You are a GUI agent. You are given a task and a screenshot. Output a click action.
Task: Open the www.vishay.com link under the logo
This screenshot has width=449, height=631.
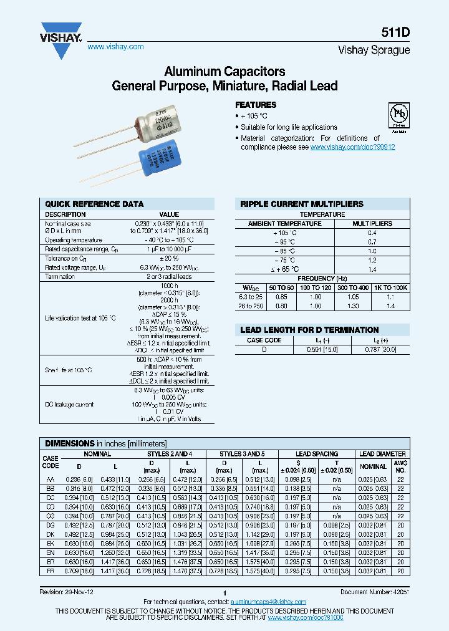click(x=115, y=47)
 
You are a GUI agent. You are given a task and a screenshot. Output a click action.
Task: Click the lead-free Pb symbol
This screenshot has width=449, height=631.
click(x=397, y=117)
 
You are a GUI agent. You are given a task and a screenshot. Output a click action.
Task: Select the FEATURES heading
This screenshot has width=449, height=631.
click(x=256, y=105)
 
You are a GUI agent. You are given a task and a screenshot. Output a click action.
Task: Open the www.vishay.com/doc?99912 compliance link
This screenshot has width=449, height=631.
click(x=352, y=147)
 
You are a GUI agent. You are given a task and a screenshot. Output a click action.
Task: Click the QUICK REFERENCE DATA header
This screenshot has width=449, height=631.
click(x=95, y=204)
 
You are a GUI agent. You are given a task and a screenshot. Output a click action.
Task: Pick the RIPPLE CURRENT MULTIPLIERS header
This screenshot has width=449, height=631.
click(x=302, y=204)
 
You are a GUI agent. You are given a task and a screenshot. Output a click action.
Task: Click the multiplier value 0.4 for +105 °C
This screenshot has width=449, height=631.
click(x=372, y=232)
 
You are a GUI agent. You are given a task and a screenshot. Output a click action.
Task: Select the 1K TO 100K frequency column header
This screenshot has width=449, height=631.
click(x=390, y=287)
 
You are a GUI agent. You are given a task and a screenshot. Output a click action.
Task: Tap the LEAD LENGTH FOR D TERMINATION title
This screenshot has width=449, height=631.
click(x=309, y=330)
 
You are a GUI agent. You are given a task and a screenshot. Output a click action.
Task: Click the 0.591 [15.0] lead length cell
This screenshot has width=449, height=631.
click(x=322, y=350)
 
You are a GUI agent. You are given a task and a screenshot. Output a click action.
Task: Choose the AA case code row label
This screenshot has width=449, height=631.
click(x=51, y=478)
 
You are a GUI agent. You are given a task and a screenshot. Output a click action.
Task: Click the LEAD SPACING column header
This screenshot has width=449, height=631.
click(x=316, y=454)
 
